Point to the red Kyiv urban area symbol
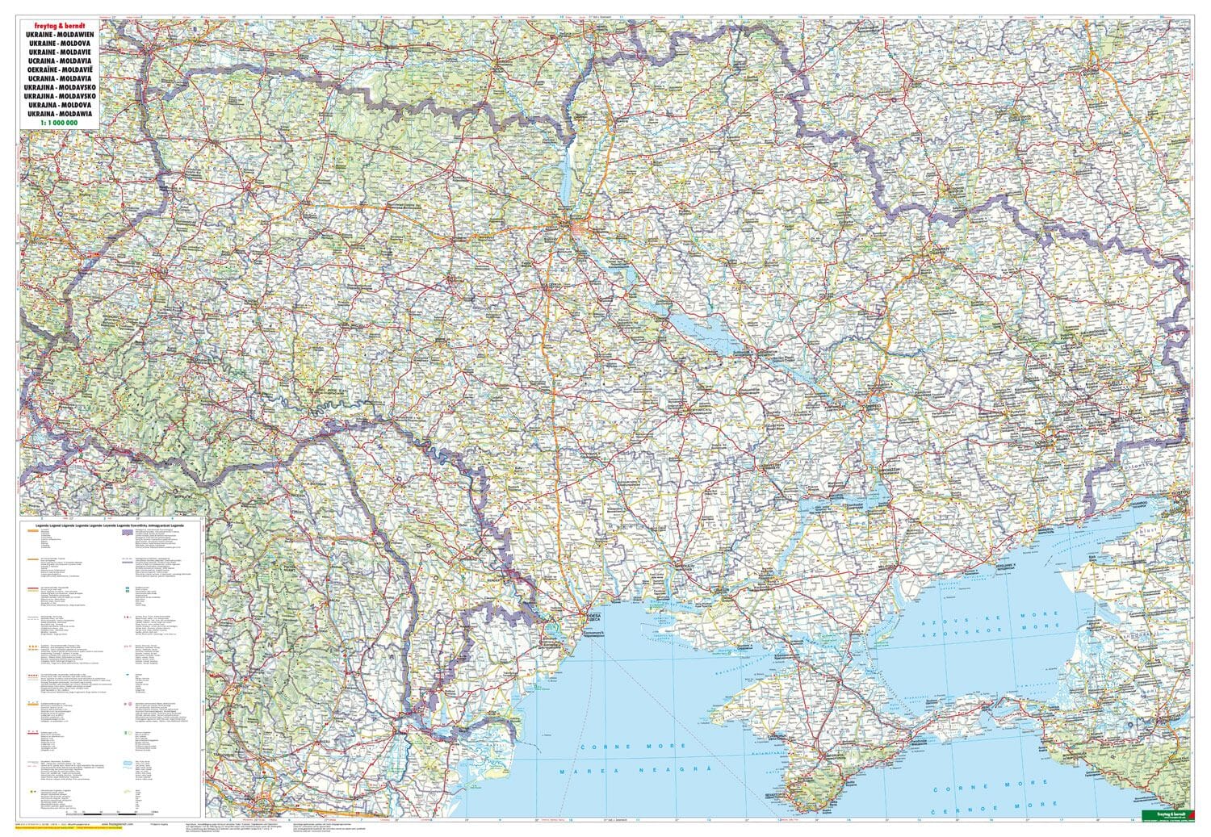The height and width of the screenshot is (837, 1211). click(x=574, y=231)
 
